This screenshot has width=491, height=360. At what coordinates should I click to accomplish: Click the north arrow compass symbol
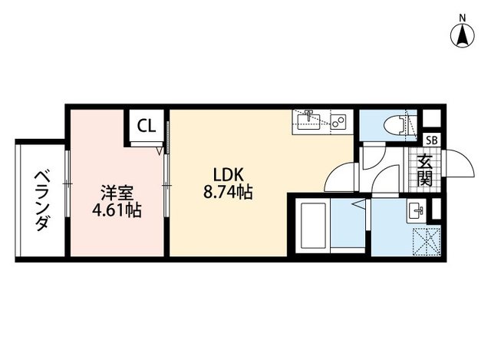pos(463,34)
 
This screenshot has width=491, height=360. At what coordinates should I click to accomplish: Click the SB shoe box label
pos(431,140)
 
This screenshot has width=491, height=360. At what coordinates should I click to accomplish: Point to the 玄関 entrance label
pos(424,171)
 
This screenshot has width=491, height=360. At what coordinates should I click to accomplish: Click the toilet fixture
pos(395,123)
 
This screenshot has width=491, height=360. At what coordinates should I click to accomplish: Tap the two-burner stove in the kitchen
pos(338,121)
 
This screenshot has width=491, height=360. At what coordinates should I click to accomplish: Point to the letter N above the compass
pos(463,17)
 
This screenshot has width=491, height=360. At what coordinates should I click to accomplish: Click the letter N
pos(463,17)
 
